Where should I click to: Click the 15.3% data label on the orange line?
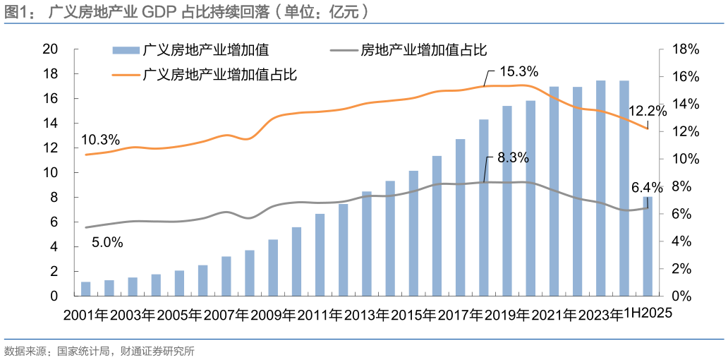click(x=518, y=72)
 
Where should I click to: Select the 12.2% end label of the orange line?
click(x=648, y=111)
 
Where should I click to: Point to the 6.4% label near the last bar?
click(x=647, y=188)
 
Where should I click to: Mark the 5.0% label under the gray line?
click(x=107, y=243)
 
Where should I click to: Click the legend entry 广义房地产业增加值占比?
click(x=219, y=74)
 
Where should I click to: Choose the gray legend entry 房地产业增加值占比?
click(x=424, y=50)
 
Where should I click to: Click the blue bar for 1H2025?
click(x=648, y=246)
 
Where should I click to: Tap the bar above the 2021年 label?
click(x=554, y=191)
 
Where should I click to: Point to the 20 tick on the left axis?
click(x=49, y=49)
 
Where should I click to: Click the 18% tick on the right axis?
click(x=685, y=49)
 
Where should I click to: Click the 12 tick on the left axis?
click(x=49, y=148)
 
